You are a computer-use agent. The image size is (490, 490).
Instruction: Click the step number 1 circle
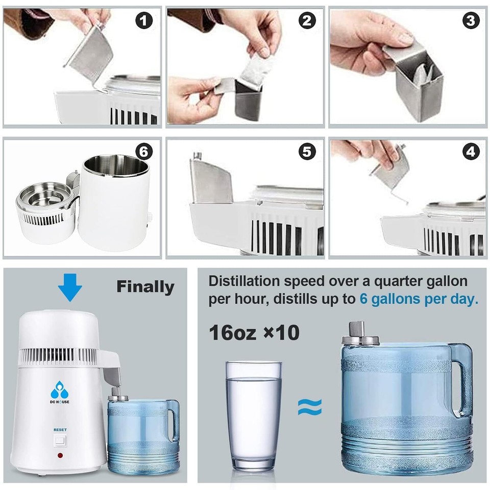(144, 21)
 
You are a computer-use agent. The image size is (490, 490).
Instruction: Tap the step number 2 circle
(307, 21)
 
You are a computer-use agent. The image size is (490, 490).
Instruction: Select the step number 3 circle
(471, 21)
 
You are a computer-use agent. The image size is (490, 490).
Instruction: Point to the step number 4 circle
(471, 152)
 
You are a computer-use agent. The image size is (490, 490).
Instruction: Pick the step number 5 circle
(307, 152)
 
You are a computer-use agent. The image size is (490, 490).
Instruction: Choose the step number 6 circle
(144, 152)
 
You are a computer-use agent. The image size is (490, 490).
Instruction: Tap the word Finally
(145, 287)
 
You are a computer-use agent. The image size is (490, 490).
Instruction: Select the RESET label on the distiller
(60, 430)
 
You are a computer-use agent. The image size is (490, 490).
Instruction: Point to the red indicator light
(60, 455)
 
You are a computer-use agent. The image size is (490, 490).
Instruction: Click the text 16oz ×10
(254, 333)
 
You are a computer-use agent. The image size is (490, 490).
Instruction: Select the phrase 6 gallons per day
(419, 299)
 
